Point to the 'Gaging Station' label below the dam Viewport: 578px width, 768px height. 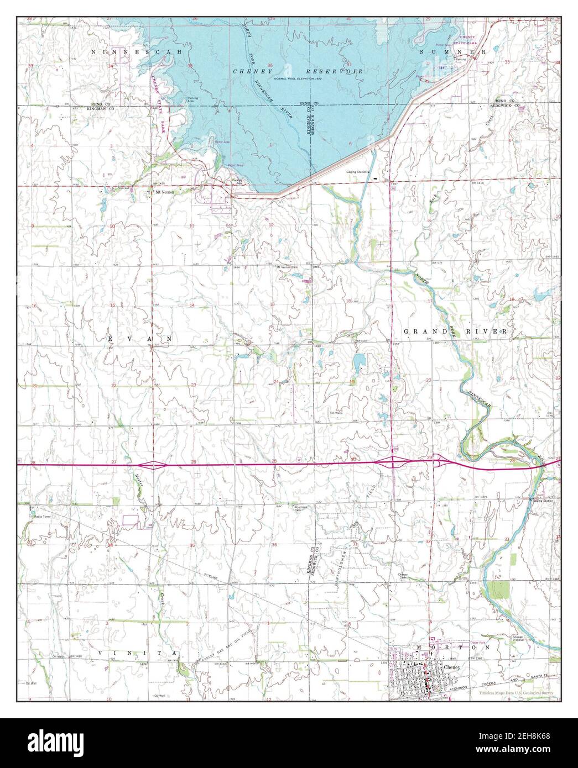tap(357, 172)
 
